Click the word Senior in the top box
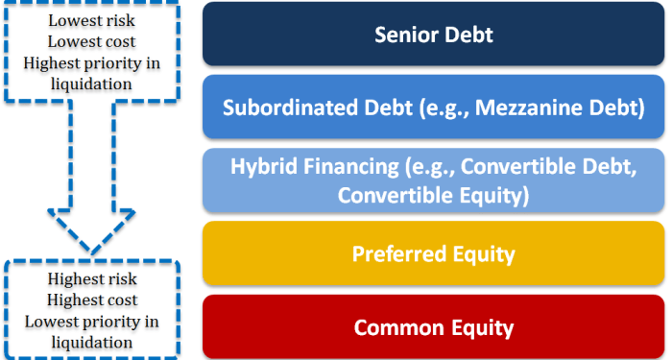403,36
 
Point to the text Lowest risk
92,20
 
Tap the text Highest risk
92,279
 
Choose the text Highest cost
92,300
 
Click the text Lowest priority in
92,321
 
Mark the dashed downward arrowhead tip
92,252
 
